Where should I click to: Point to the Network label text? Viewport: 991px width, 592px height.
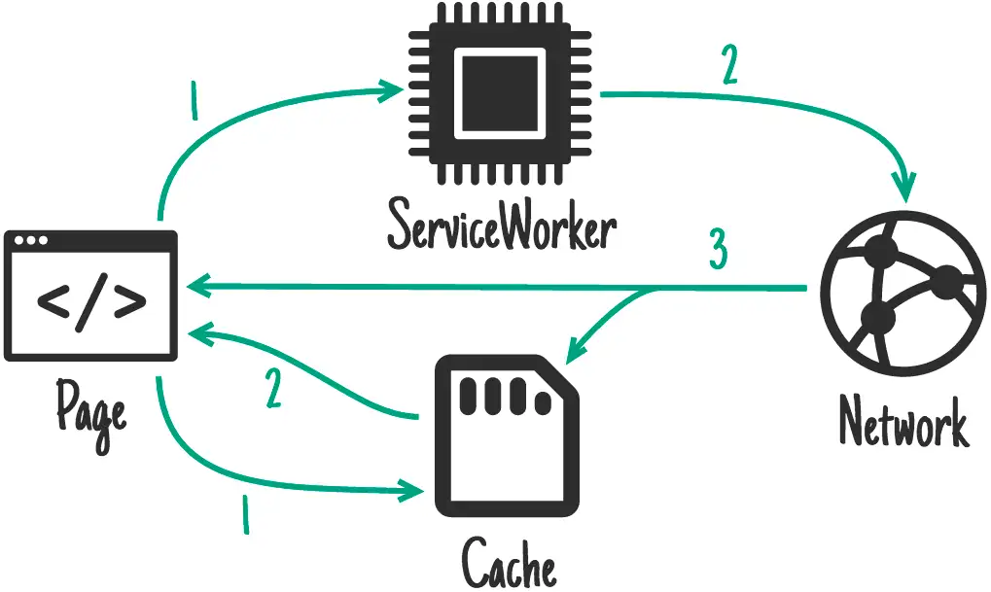pyautogui.click(x=903, y=425)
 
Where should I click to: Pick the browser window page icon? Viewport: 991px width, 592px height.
pyautogui.click(x=90, y=296)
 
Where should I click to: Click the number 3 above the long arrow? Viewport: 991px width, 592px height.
pyautogui.click(x=717, y=252)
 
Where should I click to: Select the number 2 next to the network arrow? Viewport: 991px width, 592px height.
pyautogui.click(x=730, y=66)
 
